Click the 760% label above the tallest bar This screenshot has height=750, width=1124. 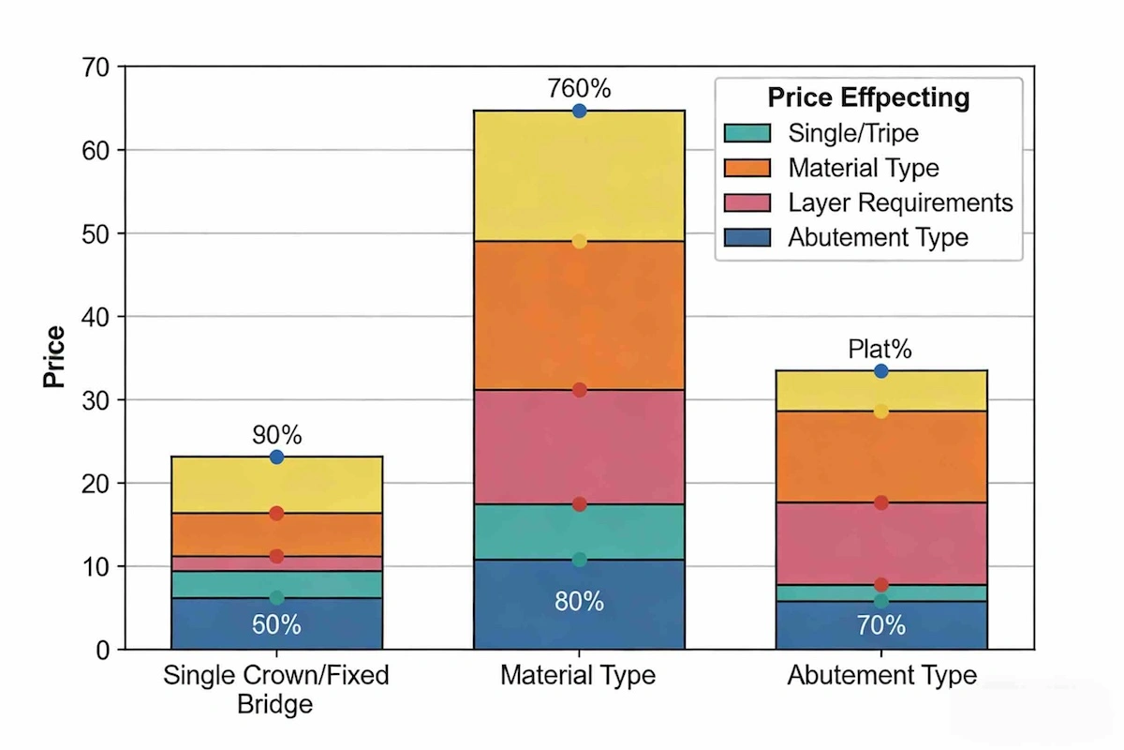(x=579, y=89)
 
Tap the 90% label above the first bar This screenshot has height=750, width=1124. (x=276, y=435)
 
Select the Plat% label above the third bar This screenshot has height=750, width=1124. (x=880, y=350)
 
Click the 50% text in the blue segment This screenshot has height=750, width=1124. (x=276, y=625)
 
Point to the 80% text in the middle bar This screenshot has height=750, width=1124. (x=579, y=602)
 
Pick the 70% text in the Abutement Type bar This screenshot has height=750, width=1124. (x=880, y=625)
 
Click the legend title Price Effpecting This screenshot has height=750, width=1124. (x=867, y=97)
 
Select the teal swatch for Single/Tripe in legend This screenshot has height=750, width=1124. (x=747, y=133)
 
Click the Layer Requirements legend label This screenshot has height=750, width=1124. (x=900, y=202)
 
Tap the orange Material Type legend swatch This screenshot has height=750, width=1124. (x=747, y=168)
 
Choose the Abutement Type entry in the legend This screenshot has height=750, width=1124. (x=878, y=237)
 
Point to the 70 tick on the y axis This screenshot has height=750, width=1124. (x=97, y=67)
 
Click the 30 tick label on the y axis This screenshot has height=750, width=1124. (x=97, y=400)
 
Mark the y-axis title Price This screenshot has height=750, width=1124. (x=54, y=357)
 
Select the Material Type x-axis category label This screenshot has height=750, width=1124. (x=578, y=675)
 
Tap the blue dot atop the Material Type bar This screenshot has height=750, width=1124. (x=579, y=111)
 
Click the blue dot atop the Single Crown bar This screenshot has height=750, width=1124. (x=276, y=457)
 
